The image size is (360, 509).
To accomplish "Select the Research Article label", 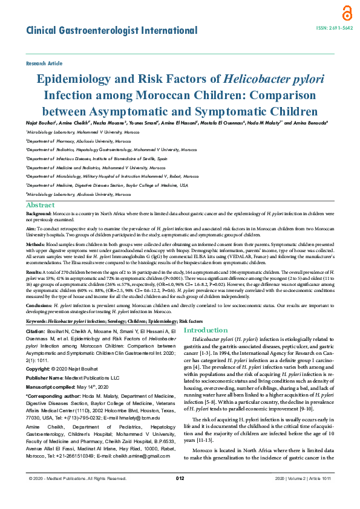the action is (x=44, y=63).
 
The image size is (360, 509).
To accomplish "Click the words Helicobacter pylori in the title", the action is (x=273, y=79).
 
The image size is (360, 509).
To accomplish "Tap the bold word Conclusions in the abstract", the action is (x=41, y=306).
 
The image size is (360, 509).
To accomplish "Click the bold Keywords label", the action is (x=39, y=321).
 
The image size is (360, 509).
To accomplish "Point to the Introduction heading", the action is (x=206, y=331).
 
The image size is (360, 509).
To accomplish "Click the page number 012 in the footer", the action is (x=180, y=495).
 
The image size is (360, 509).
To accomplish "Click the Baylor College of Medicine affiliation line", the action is (x=106, y=184).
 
